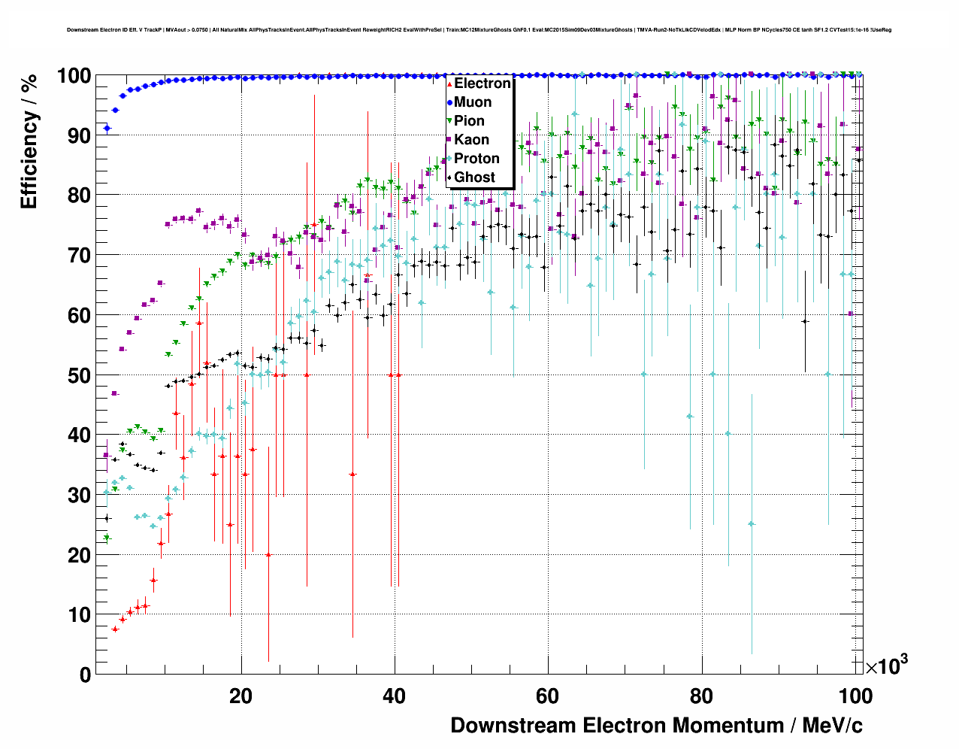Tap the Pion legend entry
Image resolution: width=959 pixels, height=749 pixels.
click(x=469, y=121)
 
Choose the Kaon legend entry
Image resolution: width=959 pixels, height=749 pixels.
click(x=471, y=140)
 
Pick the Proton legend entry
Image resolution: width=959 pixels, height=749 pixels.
click(x=476, y=159)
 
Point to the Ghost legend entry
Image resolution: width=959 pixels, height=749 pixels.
click(x=474, y=177)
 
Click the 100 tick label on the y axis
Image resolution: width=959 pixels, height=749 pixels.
click(x=74, y=76)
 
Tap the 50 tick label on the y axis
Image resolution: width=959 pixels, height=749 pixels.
click(x=80, y=375)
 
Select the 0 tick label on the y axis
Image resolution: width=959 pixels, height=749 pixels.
click(x=85, y=675)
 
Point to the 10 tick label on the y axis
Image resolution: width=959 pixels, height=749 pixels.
click(x=80, y=615)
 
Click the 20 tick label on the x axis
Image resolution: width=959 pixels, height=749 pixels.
click(x=241, y=696)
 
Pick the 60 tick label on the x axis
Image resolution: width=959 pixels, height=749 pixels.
click(x=547, y=696)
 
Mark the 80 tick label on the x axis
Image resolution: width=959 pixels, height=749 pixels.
click(x=700, y=696)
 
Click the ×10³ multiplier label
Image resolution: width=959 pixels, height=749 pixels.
click(x=886, y=666)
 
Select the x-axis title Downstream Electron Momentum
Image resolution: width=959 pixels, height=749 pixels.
click(x=656, y=726)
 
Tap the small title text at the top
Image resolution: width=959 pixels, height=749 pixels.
click(x=479, y=30)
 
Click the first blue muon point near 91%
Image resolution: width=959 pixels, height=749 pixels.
click(x=107, y=129)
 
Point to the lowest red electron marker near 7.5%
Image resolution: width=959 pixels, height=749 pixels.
click(x=115, y=629)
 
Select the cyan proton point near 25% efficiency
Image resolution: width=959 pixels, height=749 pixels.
click(x=752, y=523)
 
